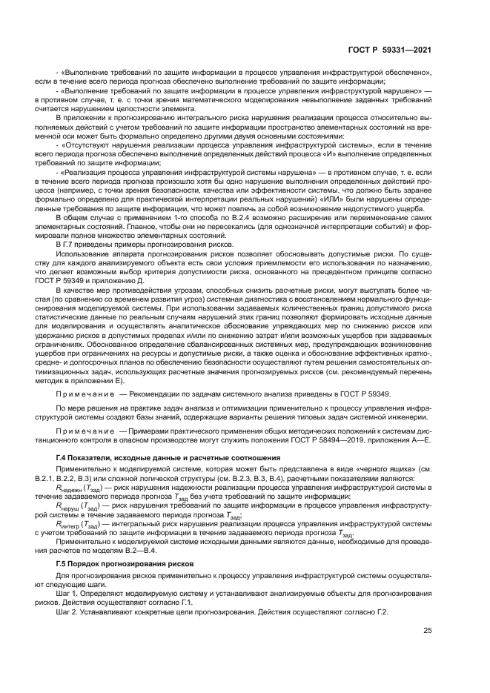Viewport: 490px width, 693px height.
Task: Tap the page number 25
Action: pyautogui.click(x=427, y=631)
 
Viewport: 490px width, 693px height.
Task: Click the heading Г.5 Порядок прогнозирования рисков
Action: pyautogui.click(x=125, y=543)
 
